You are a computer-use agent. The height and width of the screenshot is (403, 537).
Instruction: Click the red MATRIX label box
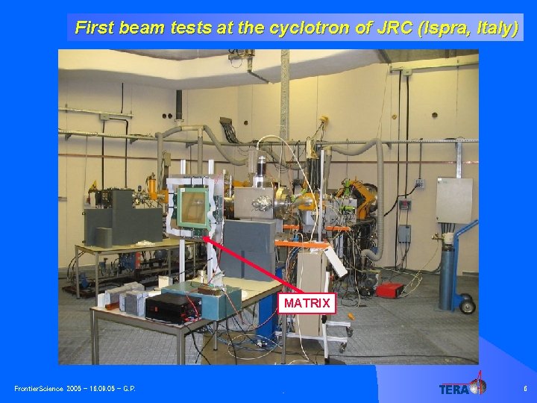click(x=307, y=303)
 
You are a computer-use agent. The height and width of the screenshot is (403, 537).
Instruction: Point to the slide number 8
click(x=525, y=388)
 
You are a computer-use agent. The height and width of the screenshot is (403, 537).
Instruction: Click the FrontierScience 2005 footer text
click(x=75, y=389)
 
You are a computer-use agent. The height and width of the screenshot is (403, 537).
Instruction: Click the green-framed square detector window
click(x=197, y=207)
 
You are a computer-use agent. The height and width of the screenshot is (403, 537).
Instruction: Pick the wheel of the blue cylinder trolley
click(x=467, y=304)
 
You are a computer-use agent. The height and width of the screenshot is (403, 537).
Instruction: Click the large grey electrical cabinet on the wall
click(x=454, y=199)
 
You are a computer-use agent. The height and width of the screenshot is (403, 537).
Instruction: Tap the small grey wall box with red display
click(x=404, y=204)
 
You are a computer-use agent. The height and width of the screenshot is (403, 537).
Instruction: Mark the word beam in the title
click(x=143, y=28)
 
